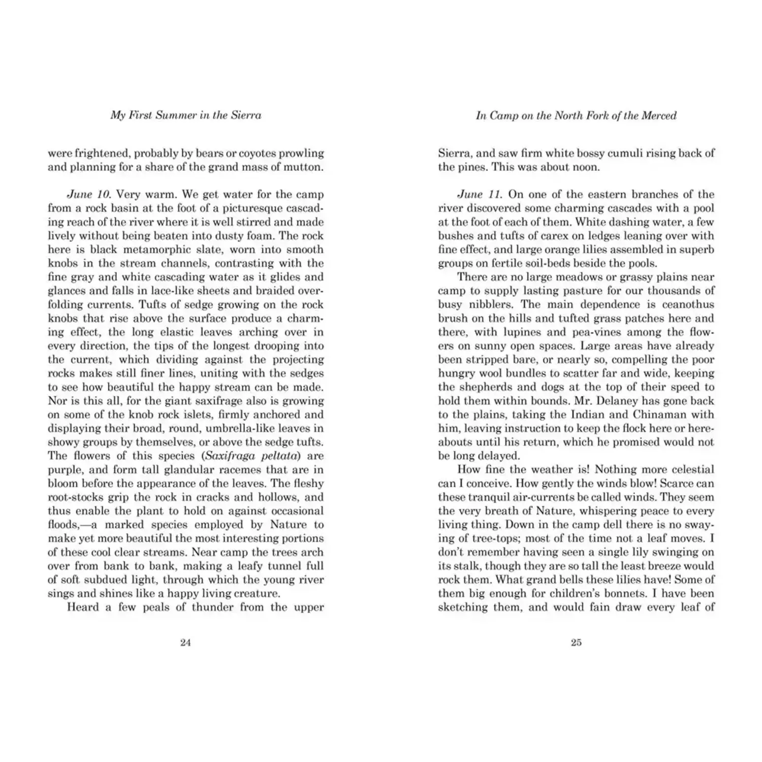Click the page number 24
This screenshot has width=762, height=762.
click(x=185, y=643)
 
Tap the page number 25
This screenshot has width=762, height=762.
click(x=576, y=643)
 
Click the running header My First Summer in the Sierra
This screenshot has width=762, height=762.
click(x=186, y=115)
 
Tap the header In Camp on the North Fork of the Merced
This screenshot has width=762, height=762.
click(x=576, y=116)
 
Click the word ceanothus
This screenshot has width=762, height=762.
click(x=688, y=305)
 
